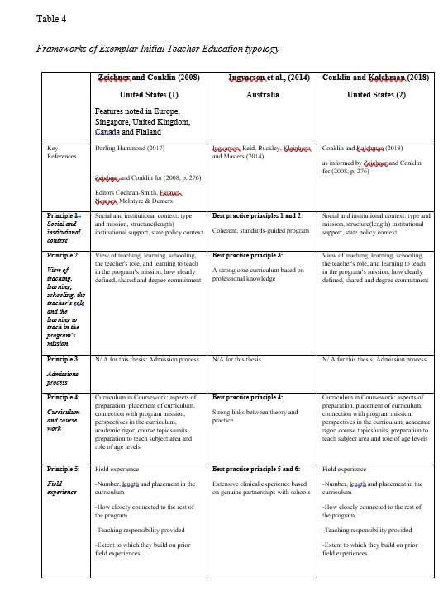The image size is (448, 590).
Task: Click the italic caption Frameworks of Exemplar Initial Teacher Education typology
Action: (157, 49)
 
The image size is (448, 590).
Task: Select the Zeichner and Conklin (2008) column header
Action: (145, 77)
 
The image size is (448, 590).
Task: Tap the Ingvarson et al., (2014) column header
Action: (258, 77)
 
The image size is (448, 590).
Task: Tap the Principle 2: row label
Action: (64, 255)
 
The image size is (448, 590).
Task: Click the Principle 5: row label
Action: (64, 468)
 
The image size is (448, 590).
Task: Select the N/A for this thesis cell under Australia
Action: (236, 360)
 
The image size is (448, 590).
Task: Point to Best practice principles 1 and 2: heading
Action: (257, 215)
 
